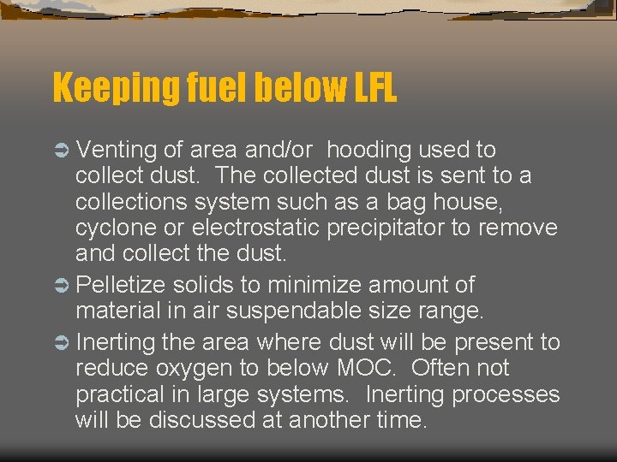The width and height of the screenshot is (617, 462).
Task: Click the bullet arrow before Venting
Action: [62, 151]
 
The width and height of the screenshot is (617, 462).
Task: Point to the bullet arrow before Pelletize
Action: [62, 285]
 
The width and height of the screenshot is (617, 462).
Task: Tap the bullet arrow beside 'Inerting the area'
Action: [62, 343]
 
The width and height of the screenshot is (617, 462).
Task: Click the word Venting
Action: [116, 151]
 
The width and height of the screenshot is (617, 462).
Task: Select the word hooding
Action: [369, 151]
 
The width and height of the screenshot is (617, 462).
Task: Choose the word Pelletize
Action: [126, 285]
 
